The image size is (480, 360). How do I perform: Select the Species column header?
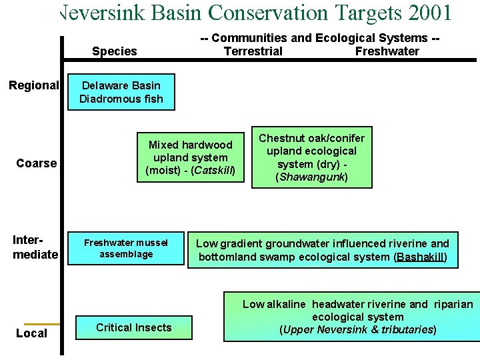click(x=114, y=51)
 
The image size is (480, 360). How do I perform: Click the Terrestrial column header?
click(x=253, y=51)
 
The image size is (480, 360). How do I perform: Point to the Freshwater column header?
click(x=387, y=51)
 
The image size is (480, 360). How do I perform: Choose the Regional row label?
click(x=34, y=85)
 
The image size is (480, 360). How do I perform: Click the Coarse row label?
click(x=37, y=163)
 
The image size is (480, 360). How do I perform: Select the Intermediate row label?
click(x=35, y=247)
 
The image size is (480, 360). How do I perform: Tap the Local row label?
click(x=31, y=333)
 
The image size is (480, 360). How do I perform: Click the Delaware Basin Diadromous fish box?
click(x=121, y=92)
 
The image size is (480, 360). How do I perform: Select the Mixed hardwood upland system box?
click(x=190, y=158)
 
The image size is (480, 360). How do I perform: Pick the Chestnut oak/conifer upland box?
click(x=311, y=158)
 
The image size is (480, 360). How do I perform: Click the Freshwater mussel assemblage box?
click(x=126, y=249)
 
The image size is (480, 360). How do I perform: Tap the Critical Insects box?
click(x=133, y=327)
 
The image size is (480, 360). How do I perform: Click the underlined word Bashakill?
click(x=420, y=257)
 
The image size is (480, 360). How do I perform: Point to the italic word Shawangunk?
click(x=311, y=177)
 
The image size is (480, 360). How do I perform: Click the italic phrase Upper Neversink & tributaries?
click(x=358, y=329)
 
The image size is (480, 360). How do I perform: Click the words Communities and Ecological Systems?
click(x=320, y=38)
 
